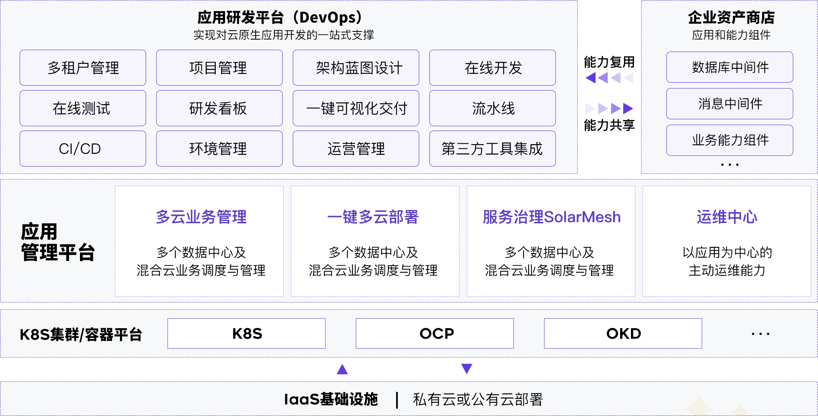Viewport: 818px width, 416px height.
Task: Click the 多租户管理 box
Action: click(x=83, y=68)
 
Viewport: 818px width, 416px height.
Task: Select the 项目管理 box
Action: click(x=219, y=68)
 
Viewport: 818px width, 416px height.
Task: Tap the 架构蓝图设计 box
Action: click(x=356, y=68)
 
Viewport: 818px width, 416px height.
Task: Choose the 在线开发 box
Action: click(x=492, y=68)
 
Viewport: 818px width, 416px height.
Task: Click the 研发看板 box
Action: click(x=219, y=108)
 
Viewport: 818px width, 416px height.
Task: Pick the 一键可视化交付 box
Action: click(x=356, y=108)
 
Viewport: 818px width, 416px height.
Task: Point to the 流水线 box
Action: click(x=492, y=108)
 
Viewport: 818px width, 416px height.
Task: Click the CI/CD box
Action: click(x=83, y=149)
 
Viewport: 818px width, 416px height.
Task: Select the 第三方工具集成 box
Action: click(x=492, y=149)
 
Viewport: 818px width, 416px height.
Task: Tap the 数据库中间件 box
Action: click(x=730, y=67)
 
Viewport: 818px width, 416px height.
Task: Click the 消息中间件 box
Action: click(x=730, y=104)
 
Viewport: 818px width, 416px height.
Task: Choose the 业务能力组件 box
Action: click(x=730, y=140)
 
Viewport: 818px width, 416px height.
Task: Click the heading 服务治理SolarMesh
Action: click(x=551, y=217)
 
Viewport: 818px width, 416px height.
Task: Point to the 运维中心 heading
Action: click(x=727, y=217)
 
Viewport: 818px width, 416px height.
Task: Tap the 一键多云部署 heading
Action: click(x=373, y=217)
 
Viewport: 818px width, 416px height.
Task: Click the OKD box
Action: click(x=623, y=334)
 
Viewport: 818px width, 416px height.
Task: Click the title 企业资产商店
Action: click(x=731, y=17)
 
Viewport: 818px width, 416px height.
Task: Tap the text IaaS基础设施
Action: click(x=331, y=399)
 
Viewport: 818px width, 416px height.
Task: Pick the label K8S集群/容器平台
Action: click(x=81, y=334)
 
